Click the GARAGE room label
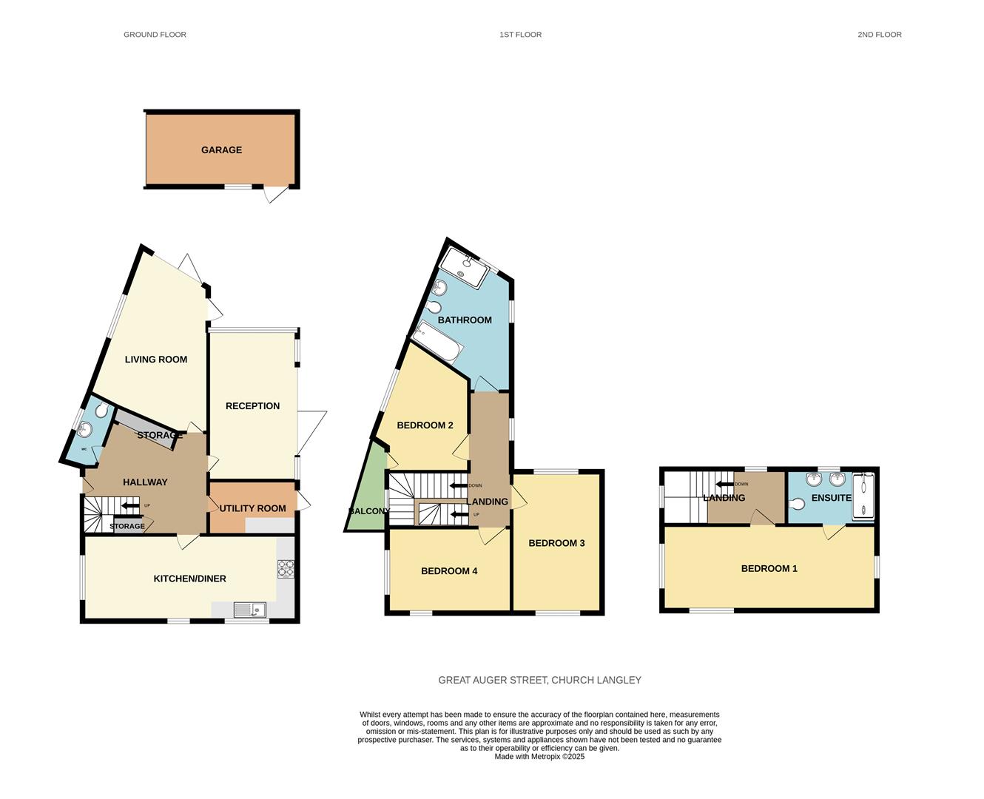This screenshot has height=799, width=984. [221, 150]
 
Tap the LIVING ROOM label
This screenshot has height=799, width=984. [155, 360]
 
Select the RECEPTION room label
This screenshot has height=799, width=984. [252, 406]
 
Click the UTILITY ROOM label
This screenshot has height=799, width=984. [252, 508]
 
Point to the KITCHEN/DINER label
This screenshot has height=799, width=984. [189, 579]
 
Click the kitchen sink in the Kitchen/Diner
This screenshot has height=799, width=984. [249, 610]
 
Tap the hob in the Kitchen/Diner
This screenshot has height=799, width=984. [286, 568]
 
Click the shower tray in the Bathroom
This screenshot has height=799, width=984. [464, 267]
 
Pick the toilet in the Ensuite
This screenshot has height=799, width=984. [797, 505]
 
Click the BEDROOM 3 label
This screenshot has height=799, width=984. [556, 543]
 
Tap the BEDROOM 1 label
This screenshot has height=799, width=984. [769, 569]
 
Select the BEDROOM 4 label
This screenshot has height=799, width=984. [449, 571]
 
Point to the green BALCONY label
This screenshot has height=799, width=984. [368, 511]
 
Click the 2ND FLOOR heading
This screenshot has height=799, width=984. [879, 35]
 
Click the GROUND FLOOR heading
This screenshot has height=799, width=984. [155, 35]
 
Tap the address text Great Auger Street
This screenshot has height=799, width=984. [539, 680]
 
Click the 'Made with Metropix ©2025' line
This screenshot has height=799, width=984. [539, 757]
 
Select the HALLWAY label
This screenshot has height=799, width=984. [145, 482]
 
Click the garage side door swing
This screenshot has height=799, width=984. [275, 194]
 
